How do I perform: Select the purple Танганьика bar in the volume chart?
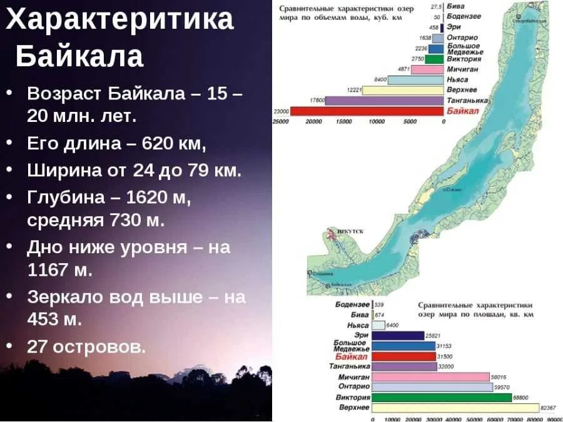click(384, 101)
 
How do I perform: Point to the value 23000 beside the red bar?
click(281, 111)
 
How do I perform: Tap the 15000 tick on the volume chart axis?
click(344, 122)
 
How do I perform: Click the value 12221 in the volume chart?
click(353, 90)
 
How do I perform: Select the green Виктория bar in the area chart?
click(442, 398)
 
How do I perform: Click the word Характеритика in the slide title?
click(119, 20)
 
